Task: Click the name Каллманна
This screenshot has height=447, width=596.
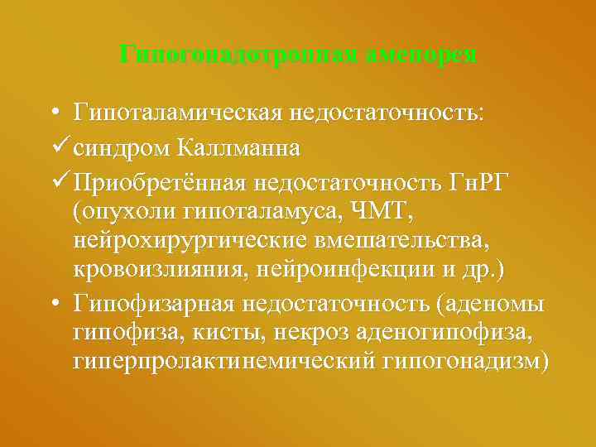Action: tap(239, 149)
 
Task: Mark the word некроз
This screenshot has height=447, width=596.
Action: tap(319, 333)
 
